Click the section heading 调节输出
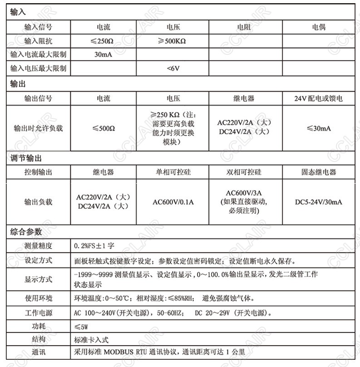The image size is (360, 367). (x=26, y=159)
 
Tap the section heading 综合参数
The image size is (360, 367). (x=26, y=232)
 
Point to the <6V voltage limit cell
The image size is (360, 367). (x=173, y=69)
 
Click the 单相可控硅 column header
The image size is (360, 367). (x=173, y=172)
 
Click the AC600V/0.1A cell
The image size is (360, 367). (x=173, y=202)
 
